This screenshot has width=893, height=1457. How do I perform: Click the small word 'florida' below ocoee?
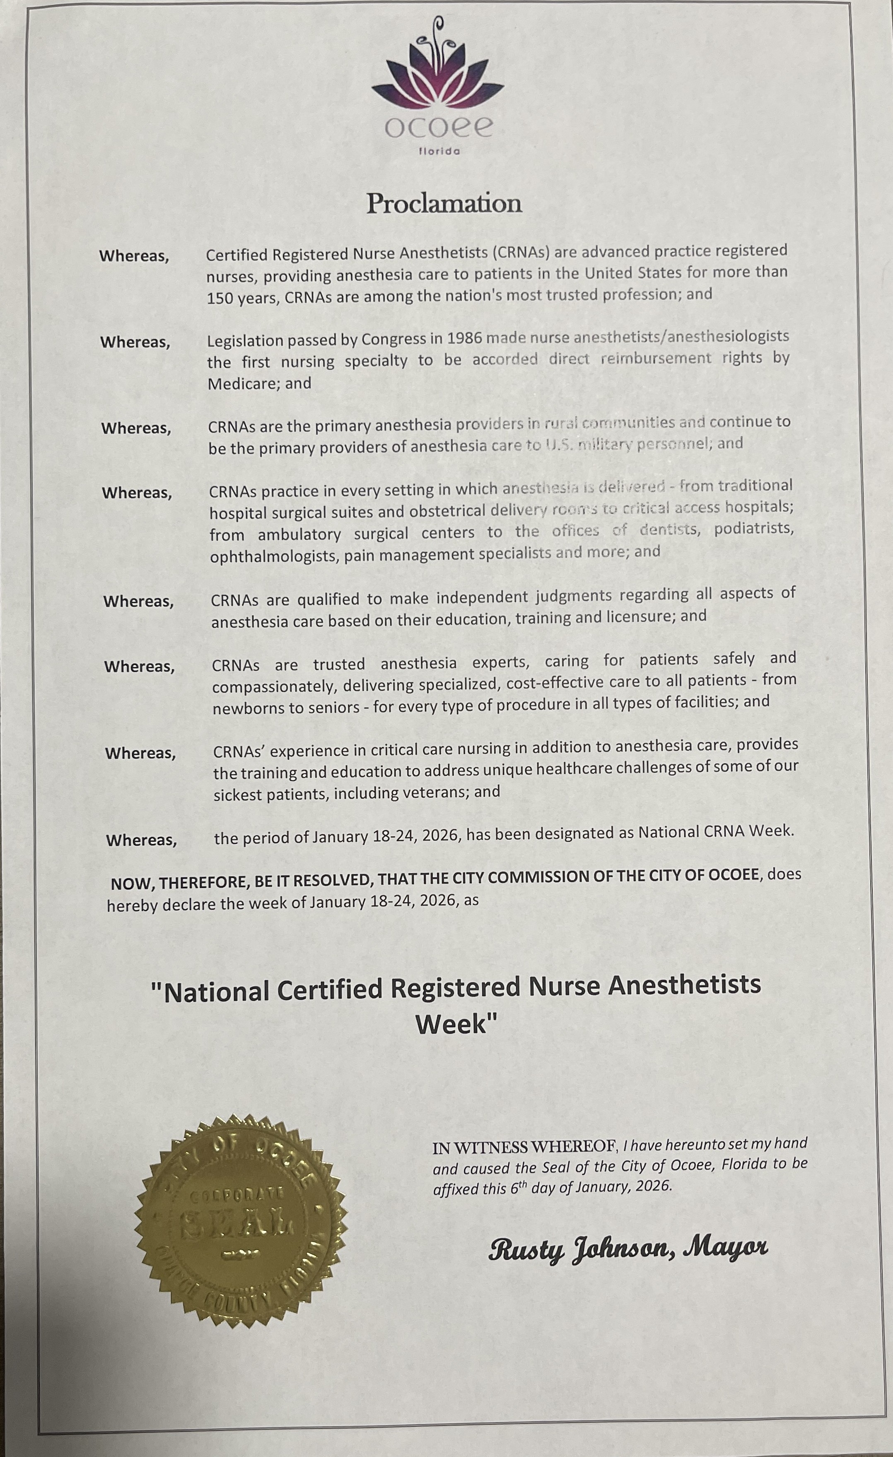(x=439, y=151)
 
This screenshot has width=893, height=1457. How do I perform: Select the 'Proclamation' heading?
(x=444, y=203)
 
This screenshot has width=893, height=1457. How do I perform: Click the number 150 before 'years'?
(x=217, y=298)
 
